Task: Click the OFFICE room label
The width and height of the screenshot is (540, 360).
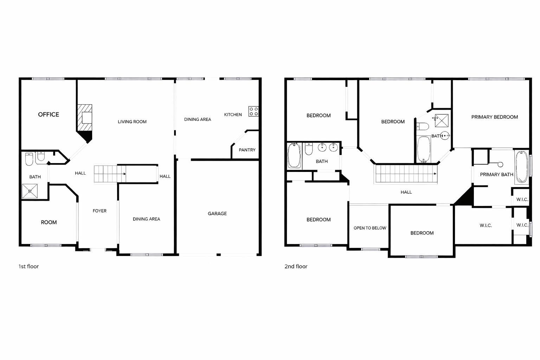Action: click(x=49, y=115)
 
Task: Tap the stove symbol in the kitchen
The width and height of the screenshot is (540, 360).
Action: click(x=253, y=111)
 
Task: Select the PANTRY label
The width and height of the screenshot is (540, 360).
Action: click(x=247, y=150)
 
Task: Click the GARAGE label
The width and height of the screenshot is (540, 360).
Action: click(x=217, y=214)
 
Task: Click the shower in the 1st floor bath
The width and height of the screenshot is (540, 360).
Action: click(x=30, y=191)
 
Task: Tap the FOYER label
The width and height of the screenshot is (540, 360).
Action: click(x=99, y=211)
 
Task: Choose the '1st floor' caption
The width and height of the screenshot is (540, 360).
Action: click(x=28, y=266)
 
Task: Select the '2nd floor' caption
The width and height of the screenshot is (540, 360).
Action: click(x=296, y=266)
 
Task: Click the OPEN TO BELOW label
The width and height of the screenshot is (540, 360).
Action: click(x=370, y=228)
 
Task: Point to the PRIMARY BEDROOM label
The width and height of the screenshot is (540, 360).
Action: click(x=495, y=117)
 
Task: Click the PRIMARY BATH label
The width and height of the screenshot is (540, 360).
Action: click(x=496, y=175)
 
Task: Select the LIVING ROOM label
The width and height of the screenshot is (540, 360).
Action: click(x=132, y=122)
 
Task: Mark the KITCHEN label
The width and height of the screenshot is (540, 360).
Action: click(x=233, y=115)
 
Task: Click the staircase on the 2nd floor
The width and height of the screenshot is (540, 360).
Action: click(x=406, y=174)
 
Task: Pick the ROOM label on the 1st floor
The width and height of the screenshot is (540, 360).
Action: click(x=49, y=223)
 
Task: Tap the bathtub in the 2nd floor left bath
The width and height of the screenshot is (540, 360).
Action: click(x=294, y=155)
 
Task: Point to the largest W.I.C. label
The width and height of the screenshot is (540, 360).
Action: click(x=486, y=226)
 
